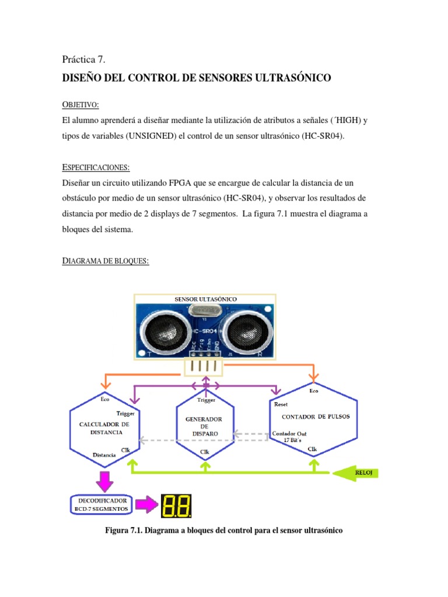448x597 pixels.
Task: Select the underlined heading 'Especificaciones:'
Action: point(96,167)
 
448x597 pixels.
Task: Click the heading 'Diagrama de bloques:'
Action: point(106,261)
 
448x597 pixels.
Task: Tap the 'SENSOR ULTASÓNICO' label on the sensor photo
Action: point(205,299)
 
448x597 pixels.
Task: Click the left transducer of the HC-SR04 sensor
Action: point(164,330)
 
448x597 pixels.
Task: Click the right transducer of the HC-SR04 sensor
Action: point(246,330)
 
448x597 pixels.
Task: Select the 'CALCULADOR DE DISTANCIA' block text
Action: point(104,429)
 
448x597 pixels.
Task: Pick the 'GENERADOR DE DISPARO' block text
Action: point(204,426)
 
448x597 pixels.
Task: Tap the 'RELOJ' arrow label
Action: point(367,473)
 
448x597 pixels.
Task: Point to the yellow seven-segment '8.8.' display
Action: point(176,506)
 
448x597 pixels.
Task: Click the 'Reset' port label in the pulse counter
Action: point(281,404)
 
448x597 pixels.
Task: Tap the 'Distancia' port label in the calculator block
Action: point(104,454)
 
